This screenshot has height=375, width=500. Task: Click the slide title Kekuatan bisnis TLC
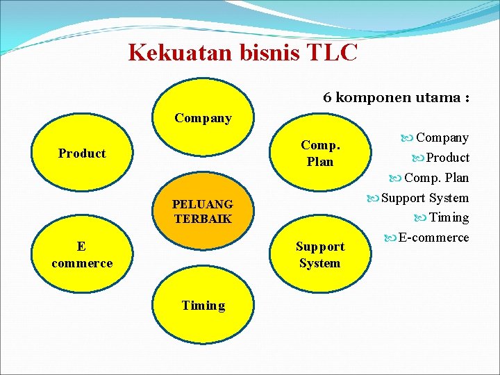(242, 52)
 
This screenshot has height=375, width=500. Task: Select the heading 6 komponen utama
(396, 97)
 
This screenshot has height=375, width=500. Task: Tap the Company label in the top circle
(203, 118)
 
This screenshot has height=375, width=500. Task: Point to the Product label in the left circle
(82, 153)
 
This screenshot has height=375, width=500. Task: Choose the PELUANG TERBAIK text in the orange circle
(203, 212)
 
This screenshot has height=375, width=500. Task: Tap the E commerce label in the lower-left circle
(82, 255)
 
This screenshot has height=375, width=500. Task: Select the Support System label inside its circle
(319, 255)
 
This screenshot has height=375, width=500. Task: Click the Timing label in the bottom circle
(203, 306)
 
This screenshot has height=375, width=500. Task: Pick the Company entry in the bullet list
(442, 138)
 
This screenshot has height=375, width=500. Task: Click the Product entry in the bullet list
(447, 158)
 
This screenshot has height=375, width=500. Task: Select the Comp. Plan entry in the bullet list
(436, 178)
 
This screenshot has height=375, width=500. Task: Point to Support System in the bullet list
(425, 198)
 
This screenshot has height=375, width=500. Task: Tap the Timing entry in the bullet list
(449, 217)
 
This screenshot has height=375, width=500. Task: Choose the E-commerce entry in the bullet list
(433, 237)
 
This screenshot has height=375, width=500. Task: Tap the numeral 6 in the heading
(327, 97)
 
